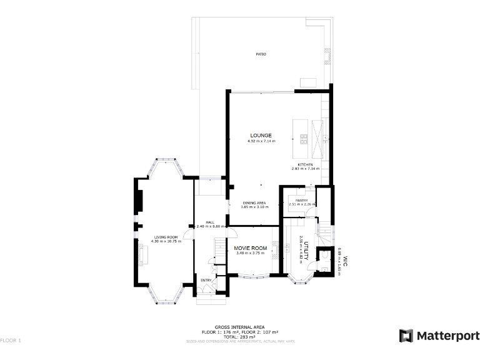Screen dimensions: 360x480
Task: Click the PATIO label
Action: tap(261, 54)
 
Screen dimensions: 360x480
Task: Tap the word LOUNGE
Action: tap(261, 135)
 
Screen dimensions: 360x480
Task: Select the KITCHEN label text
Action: tap(305, 164)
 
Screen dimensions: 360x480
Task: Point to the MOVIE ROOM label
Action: tap(251, 248)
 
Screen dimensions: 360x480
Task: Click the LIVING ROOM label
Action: tap(166, 237)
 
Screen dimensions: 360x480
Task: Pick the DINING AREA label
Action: tap(254, 202)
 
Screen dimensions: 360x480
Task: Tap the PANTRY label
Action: tap(302, 201)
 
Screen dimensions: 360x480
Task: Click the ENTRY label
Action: tap(206, 280)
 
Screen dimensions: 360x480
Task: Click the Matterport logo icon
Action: tap(406, 336)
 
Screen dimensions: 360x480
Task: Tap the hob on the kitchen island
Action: tap(304, 137)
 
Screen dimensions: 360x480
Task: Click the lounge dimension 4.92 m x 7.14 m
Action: tap(261, 141)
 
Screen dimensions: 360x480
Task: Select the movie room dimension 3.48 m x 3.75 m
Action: tap(251, 254)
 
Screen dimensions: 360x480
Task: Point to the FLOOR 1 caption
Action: tap(11, 341)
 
